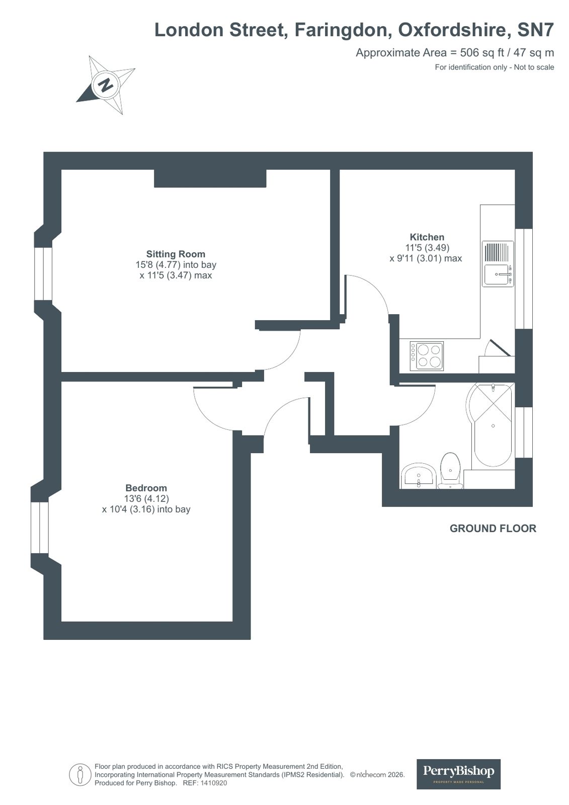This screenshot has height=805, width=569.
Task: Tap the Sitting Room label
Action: click(176, 254)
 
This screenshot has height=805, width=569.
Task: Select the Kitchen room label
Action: click(427, 237)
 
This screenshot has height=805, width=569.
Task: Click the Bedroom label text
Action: click(146, 488)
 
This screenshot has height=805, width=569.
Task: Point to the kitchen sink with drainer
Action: click(498, 264)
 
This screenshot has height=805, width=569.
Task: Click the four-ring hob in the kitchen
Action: click(427, 356)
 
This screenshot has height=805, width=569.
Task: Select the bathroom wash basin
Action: click(418, 477)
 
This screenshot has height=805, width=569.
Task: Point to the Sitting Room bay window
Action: click(43, 274)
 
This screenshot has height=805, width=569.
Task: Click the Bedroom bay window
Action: click(40, 528)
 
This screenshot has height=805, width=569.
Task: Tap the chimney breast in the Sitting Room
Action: click(210, 179)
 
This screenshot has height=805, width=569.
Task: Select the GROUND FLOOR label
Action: click(493, 529)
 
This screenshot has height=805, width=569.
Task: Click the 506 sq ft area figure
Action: click(476, 52)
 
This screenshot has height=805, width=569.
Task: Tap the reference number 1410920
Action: click(214, 783)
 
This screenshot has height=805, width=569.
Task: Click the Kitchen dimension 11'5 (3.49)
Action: click(427, 248)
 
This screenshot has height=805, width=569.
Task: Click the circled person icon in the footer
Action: click(80, 774)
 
